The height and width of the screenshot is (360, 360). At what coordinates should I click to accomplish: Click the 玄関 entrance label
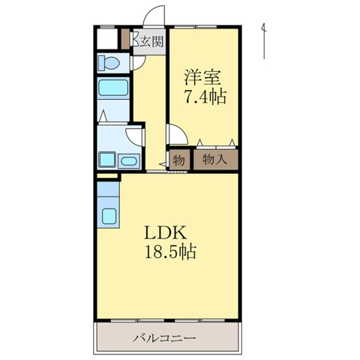point(151,42)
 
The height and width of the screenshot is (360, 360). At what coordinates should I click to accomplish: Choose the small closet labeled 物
point(179,159)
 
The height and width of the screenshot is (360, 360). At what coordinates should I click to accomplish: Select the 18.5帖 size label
point(170,253)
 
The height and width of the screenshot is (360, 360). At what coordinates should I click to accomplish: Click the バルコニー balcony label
point(166,338)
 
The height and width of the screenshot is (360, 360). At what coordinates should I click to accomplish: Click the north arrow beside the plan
point(265,41)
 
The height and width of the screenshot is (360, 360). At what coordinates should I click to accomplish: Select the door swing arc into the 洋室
point(177,134)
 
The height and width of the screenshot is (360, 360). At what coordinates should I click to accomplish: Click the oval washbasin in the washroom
point(129,160)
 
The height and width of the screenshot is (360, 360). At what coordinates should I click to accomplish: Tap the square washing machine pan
point(106,160)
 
